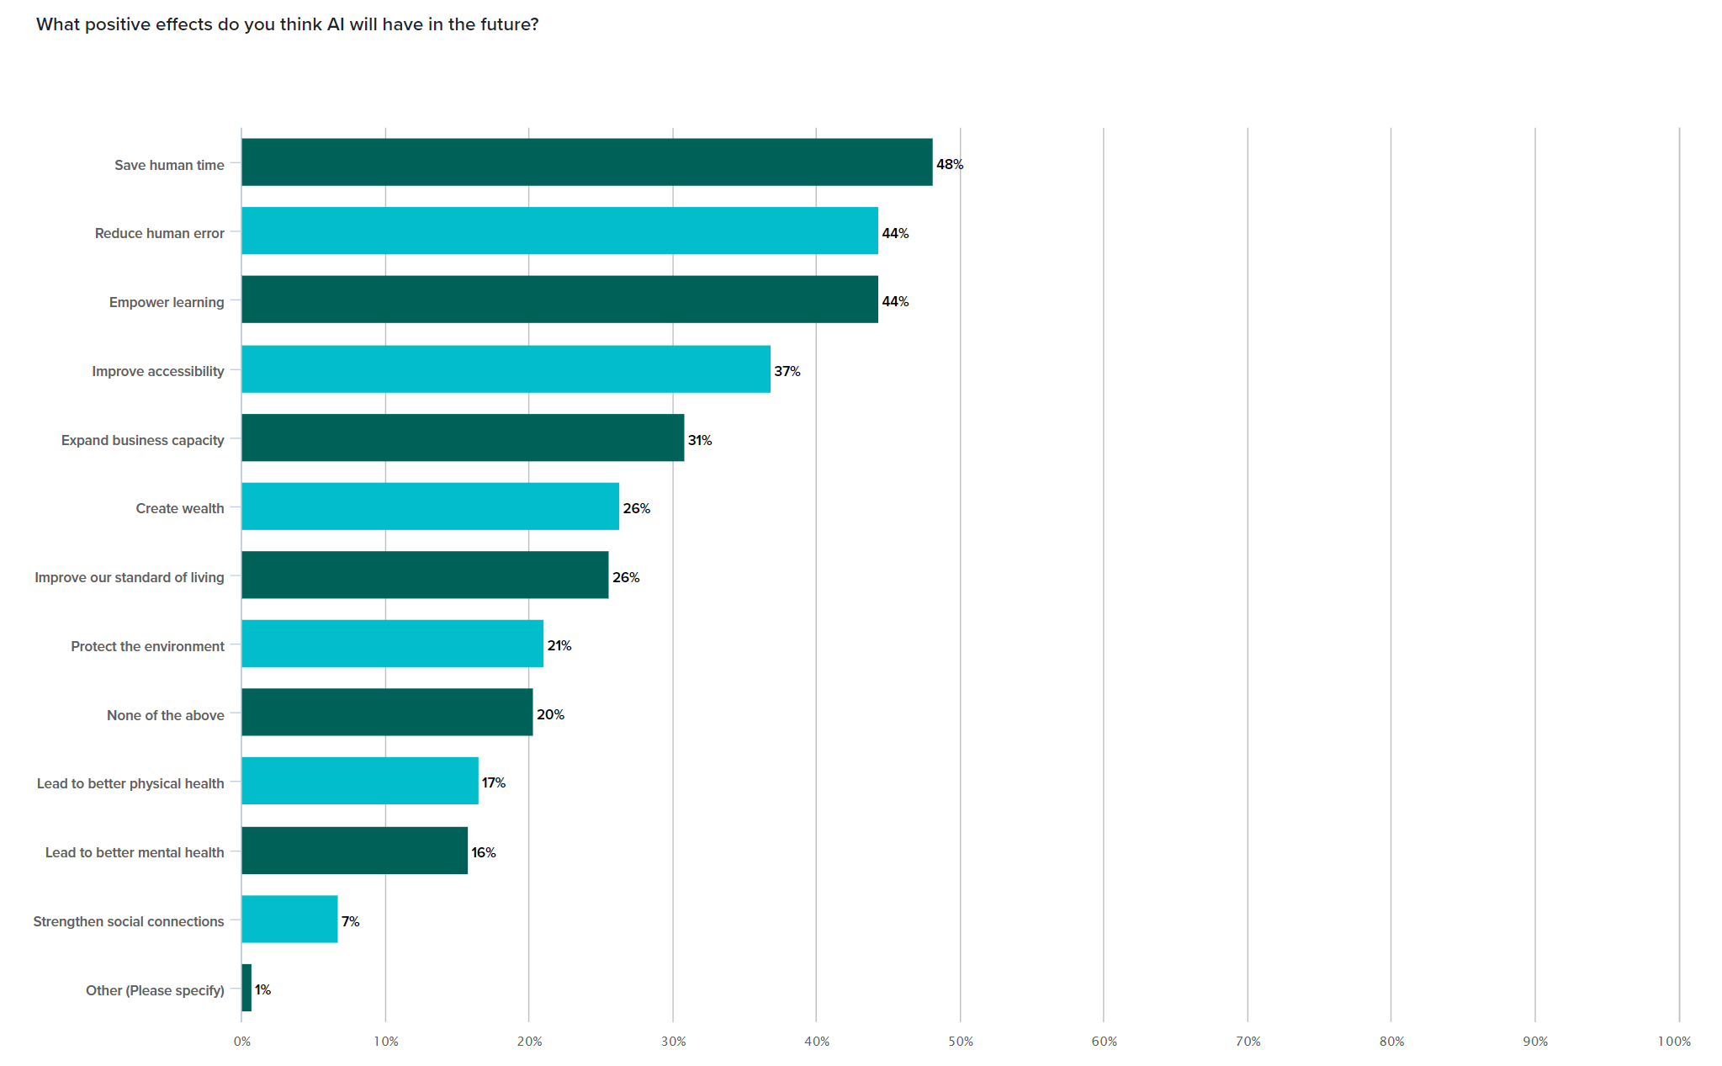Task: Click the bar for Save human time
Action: (586, 162)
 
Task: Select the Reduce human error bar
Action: (559, 231)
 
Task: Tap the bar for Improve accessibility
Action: (506, 369)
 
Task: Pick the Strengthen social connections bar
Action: (289, 919)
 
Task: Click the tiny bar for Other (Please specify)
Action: (246, 988)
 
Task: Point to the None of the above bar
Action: (387, 712)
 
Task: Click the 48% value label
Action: (950, 164)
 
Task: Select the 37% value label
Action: (787, 371)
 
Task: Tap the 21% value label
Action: (559, 645)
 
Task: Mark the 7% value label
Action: (350, 921)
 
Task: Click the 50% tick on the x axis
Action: (960, 1042)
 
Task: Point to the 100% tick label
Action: (1673, 1042)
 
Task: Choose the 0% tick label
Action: (242, 1042)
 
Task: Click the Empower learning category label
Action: (167, 302)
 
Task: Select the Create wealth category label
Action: (180, 508)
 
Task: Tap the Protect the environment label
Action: (147, 646)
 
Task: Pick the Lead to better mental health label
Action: (135, 852)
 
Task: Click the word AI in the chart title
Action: (336, 24)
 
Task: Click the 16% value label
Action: (483, 852)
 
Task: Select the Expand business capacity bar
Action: (463, 438)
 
